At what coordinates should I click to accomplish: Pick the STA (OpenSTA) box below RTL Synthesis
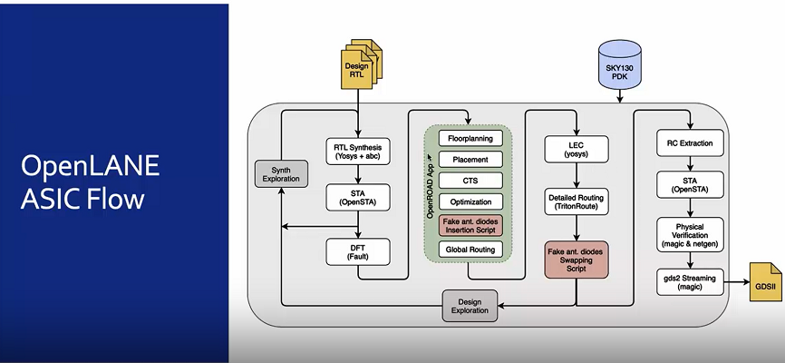coord(357,198)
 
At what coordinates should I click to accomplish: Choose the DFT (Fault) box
coord(357,250)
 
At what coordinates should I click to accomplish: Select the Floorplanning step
coord(469,139)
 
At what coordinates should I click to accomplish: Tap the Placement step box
coord(469,160)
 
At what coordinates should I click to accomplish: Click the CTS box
coord(469,181)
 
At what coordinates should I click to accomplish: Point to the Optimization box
coord(469,201)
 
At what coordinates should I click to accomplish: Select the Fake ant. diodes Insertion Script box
coord(469,225)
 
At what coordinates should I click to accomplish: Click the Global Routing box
coord(469,248)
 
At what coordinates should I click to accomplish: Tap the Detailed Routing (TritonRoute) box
coord(576,202)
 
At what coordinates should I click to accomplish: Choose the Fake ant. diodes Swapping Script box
coord(576,259)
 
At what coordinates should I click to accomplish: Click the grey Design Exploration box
coord(470,305)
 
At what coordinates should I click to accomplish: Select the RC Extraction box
coord(690,142)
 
